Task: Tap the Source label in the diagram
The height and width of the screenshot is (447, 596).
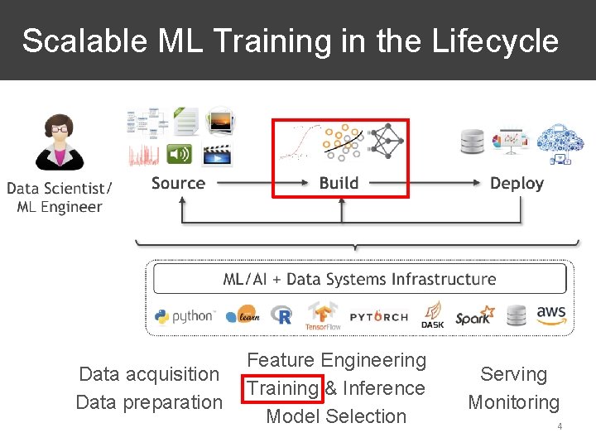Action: click(178, 183)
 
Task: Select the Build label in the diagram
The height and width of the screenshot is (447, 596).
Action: click(339, 183)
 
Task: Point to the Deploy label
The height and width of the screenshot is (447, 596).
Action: click(517, 183)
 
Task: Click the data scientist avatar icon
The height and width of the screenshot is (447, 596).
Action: click(58, 142)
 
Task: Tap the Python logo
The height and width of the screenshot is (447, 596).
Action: click(184, 315)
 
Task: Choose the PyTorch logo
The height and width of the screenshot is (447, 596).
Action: click(378, 316)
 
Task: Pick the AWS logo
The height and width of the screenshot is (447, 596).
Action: click(550, 315)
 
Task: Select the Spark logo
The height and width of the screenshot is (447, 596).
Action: click(474, 316)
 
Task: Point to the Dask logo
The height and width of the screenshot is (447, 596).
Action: click(432, 315)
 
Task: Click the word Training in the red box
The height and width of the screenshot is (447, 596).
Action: click(282, 388)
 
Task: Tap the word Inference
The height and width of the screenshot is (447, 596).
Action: click(385, 388)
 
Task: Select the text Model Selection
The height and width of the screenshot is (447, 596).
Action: click(336, 416)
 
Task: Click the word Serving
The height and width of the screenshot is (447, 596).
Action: click(514, 374)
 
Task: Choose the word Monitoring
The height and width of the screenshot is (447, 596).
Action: click(514, 402)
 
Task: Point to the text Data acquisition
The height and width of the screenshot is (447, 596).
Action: click(149, 374)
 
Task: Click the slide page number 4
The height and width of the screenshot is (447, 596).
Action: click(560, 426)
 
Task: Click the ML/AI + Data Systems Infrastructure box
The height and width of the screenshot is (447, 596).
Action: click(359, 279)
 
